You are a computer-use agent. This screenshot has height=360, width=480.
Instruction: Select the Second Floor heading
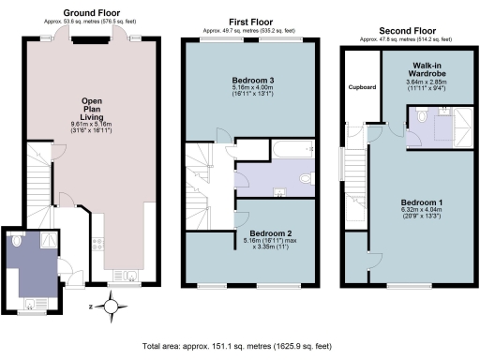point(404,29)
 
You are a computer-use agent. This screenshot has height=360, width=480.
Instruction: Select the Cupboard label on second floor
point(361,88)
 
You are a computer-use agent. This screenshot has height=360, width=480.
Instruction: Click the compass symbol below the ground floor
point(112,305)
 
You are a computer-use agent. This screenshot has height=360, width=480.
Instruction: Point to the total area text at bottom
point(239,345)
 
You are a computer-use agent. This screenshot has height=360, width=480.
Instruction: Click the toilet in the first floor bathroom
point(305,177)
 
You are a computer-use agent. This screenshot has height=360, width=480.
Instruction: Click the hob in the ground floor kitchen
point(97,247)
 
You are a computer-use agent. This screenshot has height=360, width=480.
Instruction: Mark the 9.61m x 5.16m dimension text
point(91,124)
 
